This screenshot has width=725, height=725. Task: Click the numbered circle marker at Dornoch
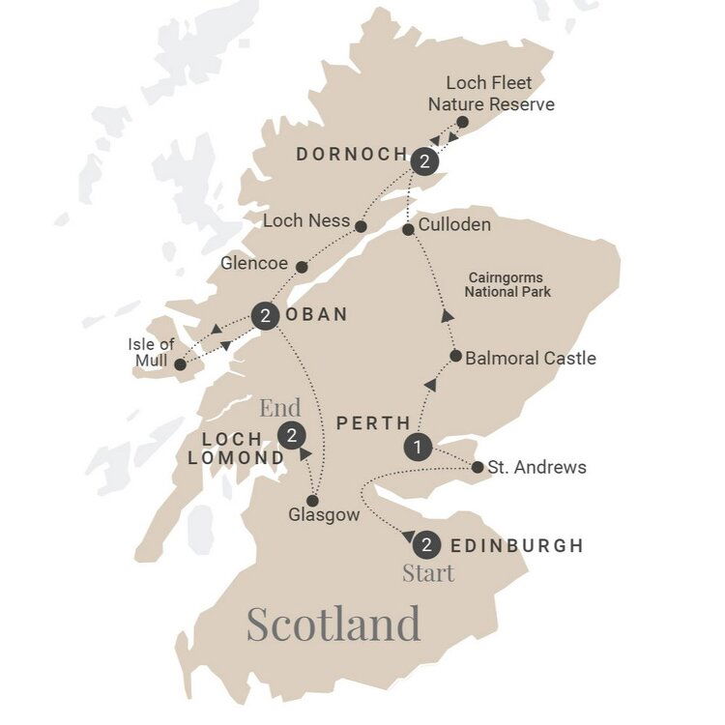click(x=423, y=162)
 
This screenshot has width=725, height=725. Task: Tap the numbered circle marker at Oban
click(x=265, y=316)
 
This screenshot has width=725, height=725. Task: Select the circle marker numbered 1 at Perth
click(x=416, y=448)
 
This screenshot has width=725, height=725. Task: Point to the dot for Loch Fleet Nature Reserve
click(x=462, y=123)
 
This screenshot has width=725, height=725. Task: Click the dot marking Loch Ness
click(x=360, y=226)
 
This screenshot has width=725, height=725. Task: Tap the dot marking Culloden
click(x=409, y=229)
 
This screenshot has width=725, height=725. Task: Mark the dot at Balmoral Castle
click(x=455, y=356)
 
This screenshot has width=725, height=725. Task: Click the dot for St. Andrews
click(x=478, y=468)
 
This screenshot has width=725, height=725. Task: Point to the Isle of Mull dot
click(x=180, y=364)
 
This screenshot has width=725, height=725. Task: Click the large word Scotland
click(x=333, y=623)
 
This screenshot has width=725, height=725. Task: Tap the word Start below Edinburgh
click(x=428, y=574)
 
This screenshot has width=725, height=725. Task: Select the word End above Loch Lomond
click(x=279, y=406)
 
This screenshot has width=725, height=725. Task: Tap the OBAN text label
click(x=315, y=315)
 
